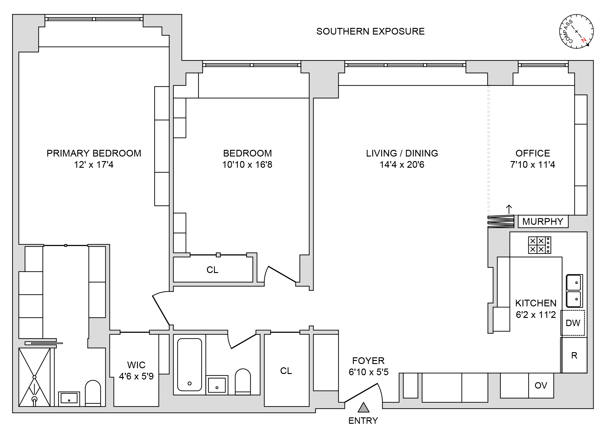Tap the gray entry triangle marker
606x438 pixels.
point(363,408)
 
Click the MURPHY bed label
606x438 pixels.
point(543,221)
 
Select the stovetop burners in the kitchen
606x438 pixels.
point(539,245)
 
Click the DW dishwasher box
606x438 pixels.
point(573,323)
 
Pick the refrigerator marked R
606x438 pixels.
point(574,355)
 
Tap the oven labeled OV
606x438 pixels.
point(541,386)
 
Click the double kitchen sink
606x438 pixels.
point(574,291)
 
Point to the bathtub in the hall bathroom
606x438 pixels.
point(189,365)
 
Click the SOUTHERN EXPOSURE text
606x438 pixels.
point(370,32)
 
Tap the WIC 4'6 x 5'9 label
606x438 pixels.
point(136,370)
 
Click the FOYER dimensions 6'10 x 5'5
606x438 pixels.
point(368,372)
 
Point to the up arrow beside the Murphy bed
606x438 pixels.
point(509,209)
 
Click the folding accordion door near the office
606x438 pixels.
point(501,221)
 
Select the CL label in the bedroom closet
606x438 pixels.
point(212,270)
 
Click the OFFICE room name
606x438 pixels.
point(533,153)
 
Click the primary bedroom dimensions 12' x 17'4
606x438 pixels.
point(94,165)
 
